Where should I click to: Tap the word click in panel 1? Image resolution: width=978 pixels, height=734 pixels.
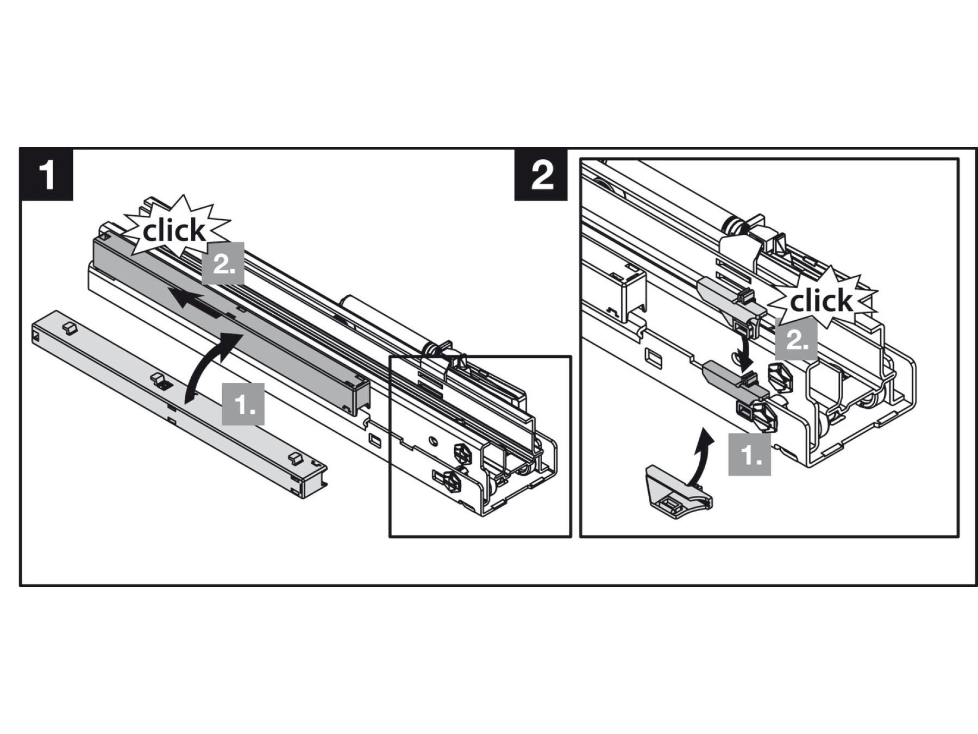pyautogui.click(x=174, y=232)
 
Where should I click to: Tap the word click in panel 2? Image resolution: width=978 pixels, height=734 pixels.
pyautogui.click(x=821, y=301)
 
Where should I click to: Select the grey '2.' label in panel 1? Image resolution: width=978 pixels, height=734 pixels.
pyautogui.click(x=223, y=264)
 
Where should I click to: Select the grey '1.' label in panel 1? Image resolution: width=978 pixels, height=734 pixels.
pyautogui.click(x=243, y=404)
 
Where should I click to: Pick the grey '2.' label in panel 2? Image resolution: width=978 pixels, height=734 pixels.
pyautogui.click(x=796, y=339)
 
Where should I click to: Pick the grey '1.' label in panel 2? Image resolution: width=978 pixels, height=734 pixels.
pyautogui.click(x=749, y=455)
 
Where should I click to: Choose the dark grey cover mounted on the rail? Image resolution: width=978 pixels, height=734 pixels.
pyautogui.click(x=228, y=321)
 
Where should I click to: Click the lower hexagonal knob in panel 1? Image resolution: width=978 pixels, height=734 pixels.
pyautogui.click(x=450, y=480)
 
